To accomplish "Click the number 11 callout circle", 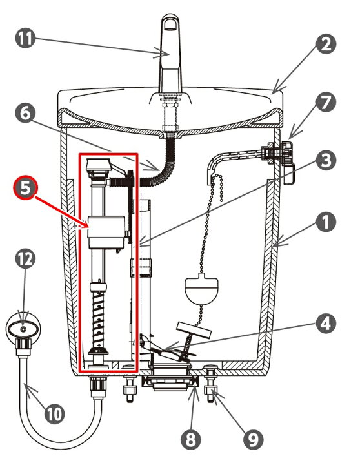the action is click(x=25, y=38).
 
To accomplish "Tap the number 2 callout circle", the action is click(x=326, y=44).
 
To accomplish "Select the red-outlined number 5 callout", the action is click(x=25, y=188).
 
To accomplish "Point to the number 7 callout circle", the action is click(x=326, y=103).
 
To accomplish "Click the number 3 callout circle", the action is click(x=326, y=161).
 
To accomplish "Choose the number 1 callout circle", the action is click(x=326, y=222).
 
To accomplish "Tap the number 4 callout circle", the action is click(x=326, y=323).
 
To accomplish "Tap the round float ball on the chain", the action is click(x=201, y=289).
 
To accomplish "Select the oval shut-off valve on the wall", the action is click(x=23, y=329).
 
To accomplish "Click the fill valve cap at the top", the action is click(x=98, y=165).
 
